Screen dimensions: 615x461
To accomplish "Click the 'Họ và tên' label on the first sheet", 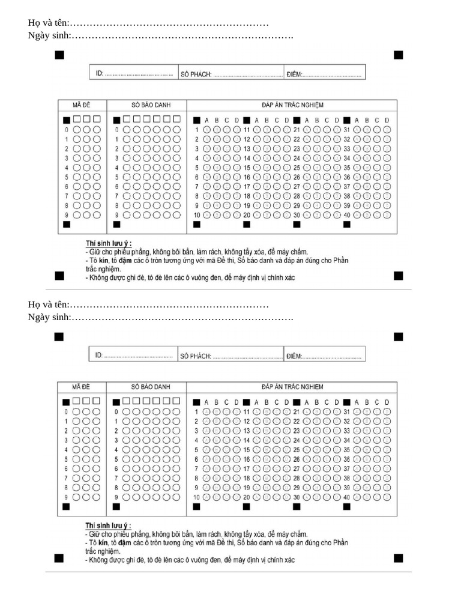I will (48, 23).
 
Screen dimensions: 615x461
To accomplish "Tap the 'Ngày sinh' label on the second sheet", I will (49, 317).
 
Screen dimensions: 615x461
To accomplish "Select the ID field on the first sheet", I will (133, 73).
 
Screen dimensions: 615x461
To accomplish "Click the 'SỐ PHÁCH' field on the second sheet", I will (230, 356).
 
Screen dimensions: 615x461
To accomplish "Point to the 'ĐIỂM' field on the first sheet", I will (325, 74).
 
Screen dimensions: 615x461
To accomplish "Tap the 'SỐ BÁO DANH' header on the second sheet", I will (146, 386).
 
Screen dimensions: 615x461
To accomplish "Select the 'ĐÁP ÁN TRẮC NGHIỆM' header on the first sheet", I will (292, 104).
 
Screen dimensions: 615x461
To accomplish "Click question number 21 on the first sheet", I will (296, 129).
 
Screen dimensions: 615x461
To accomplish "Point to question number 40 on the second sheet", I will (346, 497).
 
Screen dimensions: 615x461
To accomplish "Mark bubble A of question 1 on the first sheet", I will (206, 129).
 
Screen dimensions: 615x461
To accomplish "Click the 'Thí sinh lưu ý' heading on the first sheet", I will (108, 243).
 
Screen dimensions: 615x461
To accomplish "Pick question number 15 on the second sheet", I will (246, 450).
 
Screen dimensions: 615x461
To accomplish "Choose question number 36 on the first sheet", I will (346, 177).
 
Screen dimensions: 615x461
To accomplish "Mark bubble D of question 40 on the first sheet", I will (387, 215).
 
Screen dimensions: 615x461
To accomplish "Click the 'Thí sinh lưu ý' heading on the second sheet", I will (108, 525).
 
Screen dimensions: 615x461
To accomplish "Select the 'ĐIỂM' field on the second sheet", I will (325, 356).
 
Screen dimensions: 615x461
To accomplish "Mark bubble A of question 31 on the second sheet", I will (357, 411).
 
